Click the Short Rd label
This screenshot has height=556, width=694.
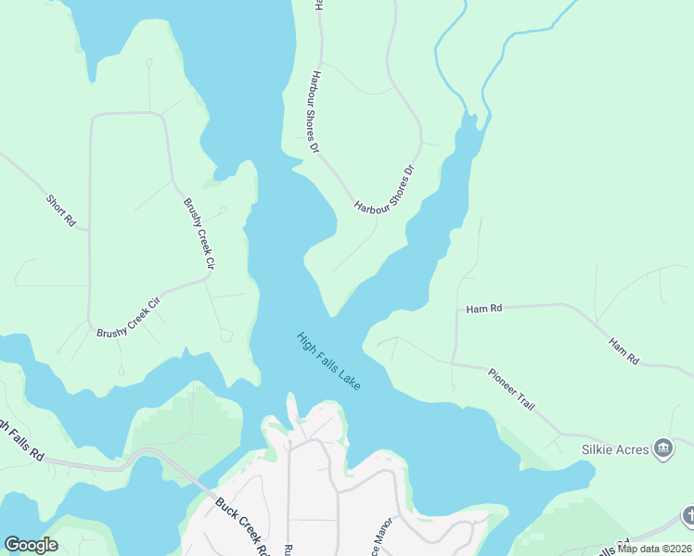pos(60,210)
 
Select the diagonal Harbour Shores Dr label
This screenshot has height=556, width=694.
pos(383,191)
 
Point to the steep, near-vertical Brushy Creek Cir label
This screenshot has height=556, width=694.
pos(199,235)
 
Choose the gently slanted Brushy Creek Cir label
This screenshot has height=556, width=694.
pos(129,317)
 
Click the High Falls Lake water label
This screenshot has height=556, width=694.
pos(328,360)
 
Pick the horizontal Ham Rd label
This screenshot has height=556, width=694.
pos(483,309)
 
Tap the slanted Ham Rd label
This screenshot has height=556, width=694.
pos(623,350)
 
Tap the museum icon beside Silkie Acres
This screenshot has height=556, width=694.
pos(663,449)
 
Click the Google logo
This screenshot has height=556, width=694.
pos(31,545)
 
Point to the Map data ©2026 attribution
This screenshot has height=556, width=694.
pos(655,549)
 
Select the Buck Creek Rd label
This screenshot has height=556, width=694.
pos(238,524)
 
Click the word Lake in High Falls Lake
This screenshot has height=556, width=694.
pos(348,379)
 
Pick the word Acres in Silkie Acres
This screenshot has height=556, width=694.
pos(630,449)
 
